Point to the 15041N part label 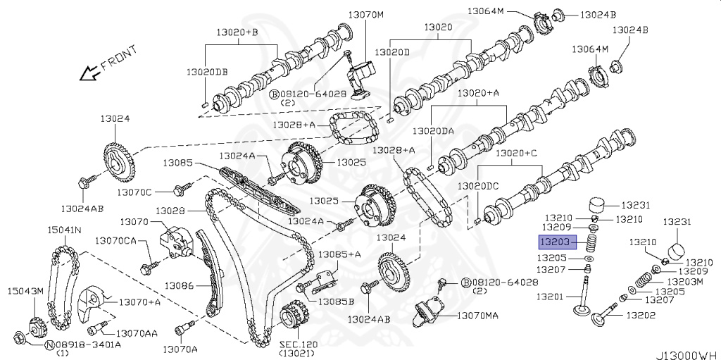coord(64,230)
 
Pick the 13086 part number coord(180,286)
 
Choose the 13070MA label coord(477,316)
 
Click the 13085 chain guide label coord(178,163)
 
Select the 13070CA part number coord(116,241)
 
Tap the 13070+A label coord(139,302)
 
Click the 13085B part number coord(336,302)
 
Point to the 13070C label coord(134,192)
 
